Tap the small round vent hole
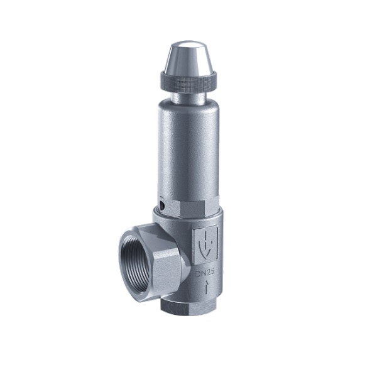pos(162,205)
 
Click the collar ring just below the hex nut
pos(188,218)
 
